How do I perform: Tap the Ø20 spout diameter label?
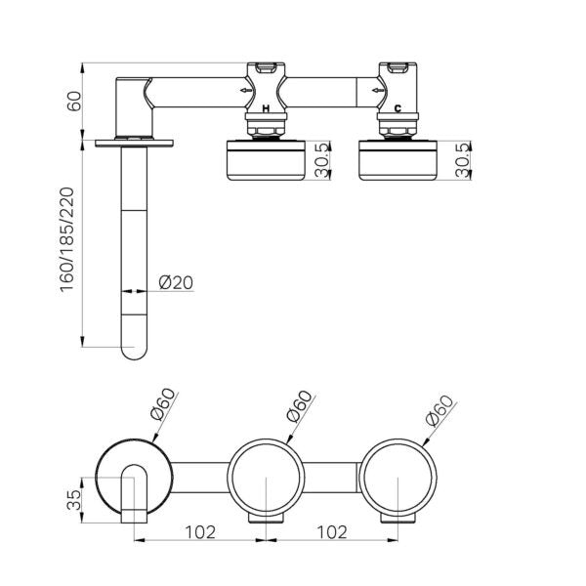point(176,283)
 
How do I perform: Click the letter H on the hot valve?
point(267,110)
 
